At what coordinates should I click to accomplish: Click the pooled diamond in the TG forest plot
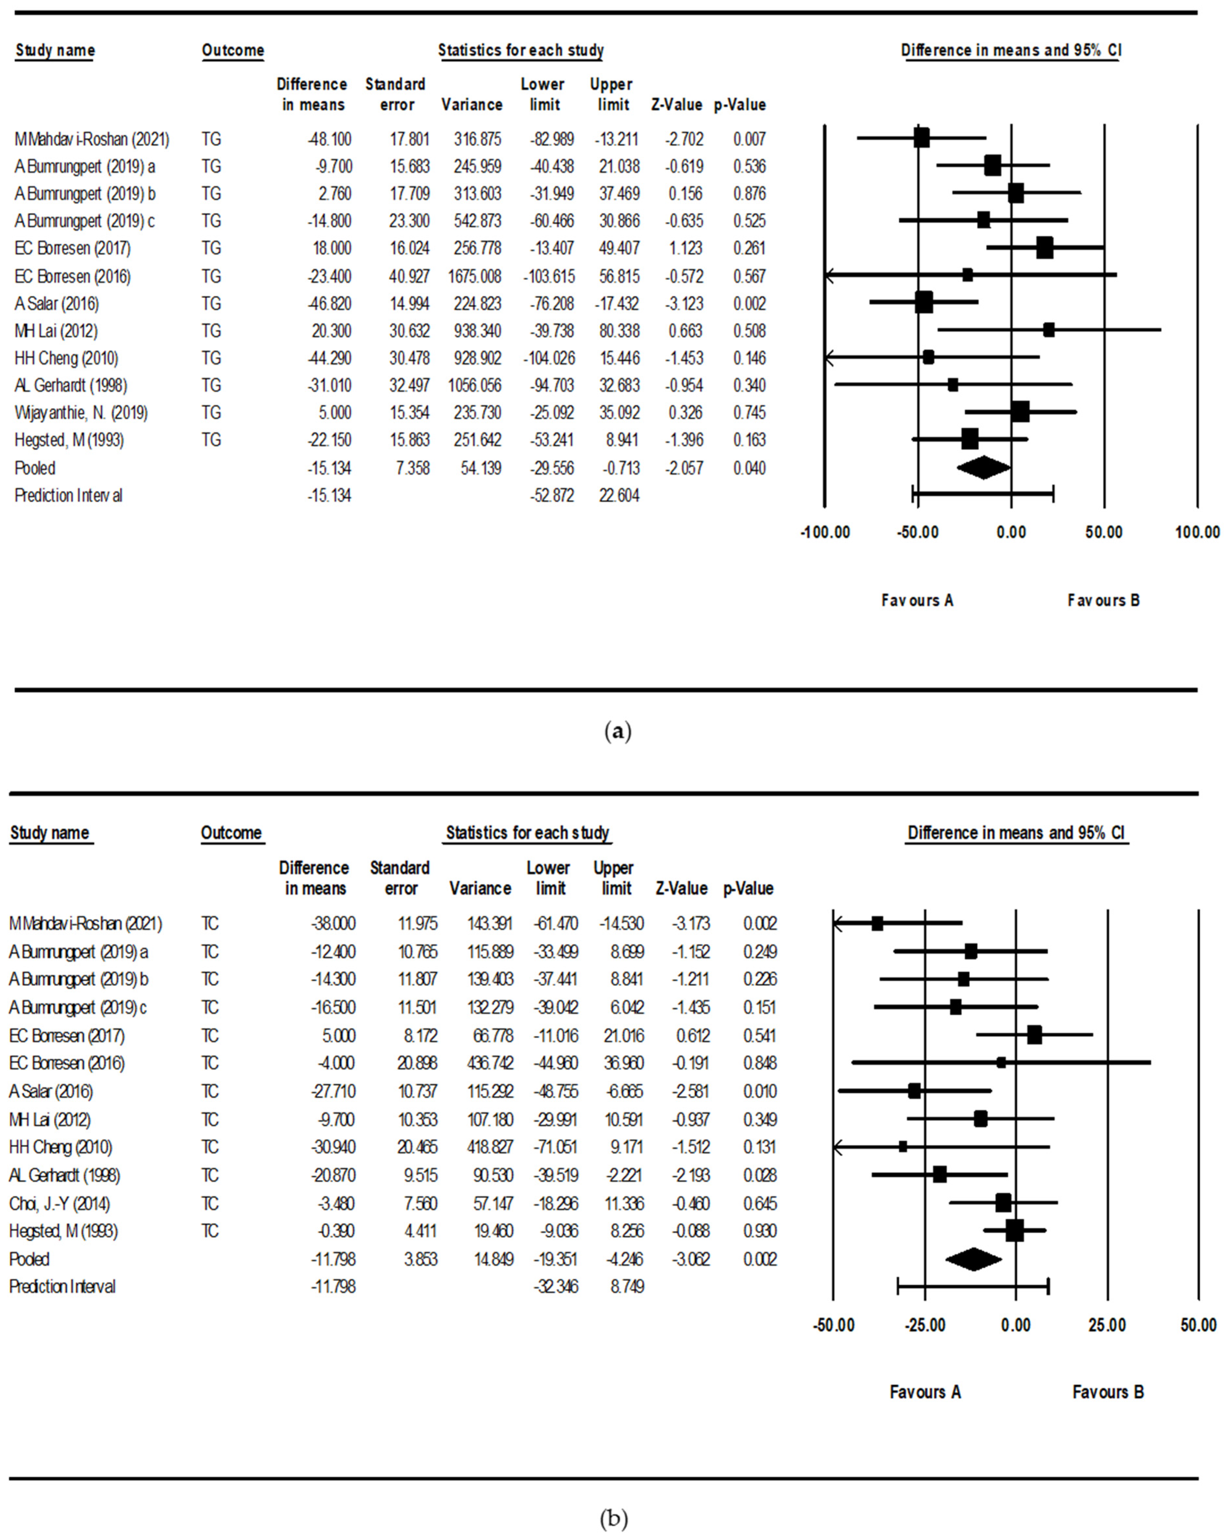pyautogui.click(x=983, y=468)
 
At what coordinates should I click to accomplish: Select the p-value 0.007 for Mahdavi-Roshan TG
pyautogui.click(x=749, y=139)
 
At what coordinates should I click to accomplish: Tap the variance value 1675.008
pyautogui.click(x=474, y=276)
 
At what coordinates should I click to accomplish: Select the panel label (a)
pyautogui.click(x=617, y=731)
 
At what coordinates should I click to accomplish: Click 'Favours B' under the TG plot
pyautogui.click(x=1103, y=601)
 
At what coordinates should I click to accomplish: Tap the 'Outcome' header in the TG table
pyautogui.click(x=233, y=51)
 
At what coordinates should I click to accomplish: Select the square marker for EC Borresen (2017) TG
pyautogui.click(x=1045, y=248)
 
